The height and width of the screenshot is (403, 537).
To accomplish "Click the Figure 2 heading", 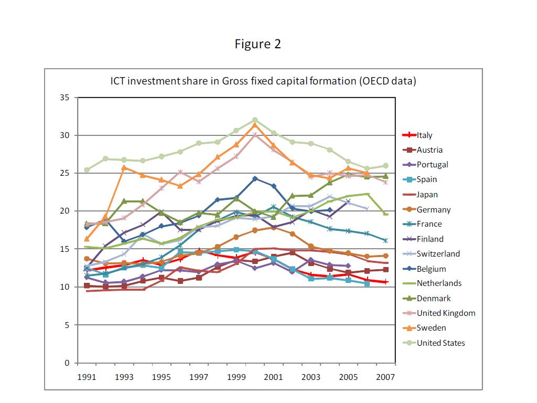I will click(257, 44).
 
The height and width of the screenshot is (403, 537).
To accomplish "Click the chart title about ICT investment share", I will click(263, 81).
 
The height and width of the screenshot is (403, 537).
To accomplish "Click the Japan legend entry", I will click(427, 195).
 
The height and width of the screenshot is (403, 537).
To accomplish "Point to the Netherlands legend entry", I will click(439, 283).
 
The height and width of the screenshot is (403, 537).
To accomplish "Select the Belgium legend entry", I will click(431, 269).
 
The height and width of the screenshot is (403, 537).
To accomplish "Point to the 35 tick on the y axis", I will click(65, 98).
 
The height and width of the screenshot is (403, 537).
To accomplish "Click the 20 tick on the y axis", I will click(65, 211).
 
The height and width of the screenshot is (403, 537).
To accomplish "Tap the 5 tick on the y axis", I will click(67, 325).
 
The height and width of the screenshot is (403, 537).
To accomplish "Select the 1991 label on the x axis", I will click(87, 377).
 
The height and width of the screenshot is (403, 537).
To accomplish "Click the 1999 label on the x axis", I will click(236, 377).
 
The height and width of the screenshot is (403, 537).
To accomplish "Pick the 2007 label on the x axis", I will click(385, 377).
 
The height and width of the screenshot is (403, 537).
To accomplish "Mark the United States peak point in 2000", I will click(255, 120).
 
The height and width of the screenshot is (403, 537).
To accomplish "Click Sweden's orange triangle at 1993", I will click(124, 168).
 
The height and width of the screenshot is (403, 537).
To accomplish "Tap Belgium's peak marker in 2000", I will click(255, 179).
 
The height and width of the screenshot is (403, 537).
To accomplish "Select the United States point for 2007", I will click(385, 166).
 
